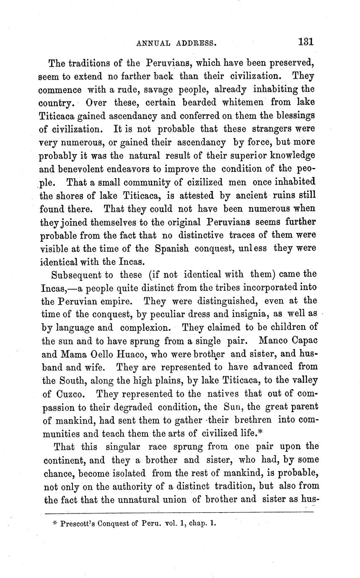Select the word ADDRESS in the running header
[x=197, y=43]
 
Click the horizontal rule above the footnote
[x=179, y=512]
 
